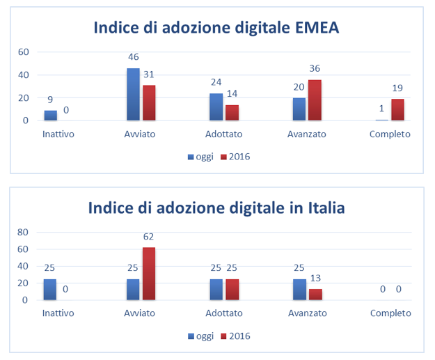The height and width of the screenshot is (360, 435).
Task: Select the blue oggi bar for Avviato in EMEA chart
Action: tap(133, 94)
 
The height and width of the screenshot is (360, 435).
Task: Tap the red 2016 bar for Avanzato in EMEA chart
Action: tap(315, 100)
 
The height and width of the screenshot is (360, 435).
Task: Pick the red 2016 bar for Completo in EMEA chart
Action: tap(397, 109)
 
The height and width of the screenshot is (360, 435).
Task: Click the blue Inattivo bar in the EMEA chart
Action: tap(50, 115)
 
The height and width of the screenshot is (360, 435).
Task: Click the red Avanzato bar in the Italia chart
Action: tap(315, 295)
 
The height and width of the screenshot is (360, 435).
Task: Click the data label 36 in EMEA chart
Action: tap(315, 68)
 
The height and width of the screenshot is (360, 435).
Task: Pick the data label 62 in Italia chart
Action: tap(148, 237)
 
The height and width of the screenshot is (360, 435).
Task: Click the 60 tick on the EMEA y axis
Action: tap(23, 52)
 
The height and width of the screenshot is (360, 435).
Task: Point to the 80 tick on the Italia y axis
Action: tap(23, 232)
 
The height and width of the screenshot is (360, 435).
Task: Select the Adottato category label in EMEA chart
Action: tap(224, 134)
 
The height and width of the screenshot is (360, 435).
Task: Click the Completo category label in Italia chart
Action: tap(390, 314)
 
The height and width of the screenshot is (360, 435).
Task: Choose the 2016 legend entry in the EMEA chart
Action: tap(236, 157)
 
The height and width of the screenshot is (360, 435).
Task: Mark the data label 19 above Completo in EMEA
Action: tap(397, 88)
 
